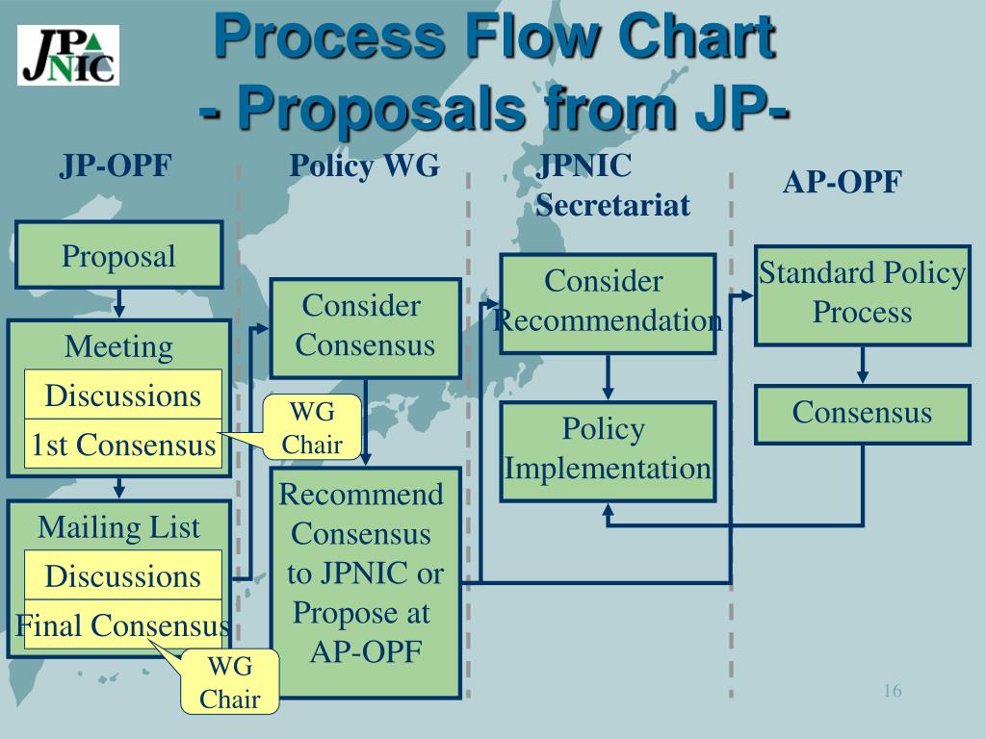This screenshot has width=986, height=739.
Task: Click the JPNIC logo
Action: (68, 55)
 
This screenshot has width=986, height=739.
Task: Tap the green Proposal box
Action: (118, 257)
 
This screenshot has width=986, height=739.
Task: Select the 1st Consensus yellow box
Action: (123, 445)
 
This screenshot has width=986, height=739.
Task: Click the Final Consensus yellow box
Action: (123, 625)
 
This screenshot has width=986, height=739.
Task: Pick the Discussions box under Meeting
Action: (123, 395)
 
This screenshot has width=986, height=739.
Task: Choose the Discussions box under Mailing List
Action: (123, 576)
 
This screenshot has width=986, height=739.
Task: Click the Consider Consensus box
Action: (365, 327)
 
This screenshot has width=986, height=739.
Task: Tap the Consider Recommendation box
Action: (608, 302)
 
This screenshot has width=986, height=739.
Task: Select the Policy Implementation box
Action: (608, 450)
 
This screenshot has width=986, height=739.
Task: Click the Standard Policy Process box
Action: (862, 294)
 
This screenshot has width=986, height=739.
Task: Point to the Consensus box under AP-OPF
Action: (862, 414)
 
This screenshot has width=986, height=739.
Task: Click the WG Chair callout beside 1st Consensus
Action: (313, 429)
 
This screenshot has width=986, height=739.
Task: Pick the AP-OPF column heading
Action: (842, 183)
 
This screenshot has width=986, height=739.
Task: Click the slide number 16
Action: (892, 692)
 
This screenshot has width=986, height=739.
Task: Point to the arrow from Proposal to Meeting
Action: (118, 306)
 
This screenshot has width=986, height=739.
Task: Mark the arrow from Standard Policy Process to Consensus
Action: (863, 366)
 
